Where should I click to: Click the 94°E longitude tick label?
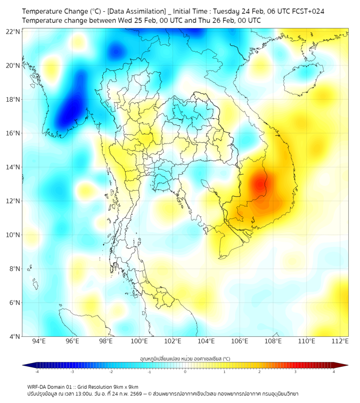pos(38,341)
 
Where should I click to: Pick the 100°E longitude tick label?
pos(139,341)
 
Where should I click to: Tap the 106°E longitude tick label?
pos(240,341)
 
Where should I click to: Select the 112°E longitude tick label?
pos(340,341)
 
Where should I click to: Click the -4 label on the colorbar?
pos(37,372)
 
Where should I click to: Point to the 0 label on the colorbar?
pos(185,372)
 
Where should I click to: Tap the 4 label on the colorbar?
pos(333,372)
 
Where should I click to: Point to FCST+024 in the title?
pos(305,11)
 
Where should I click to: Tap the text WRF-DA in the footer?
pos(38,386)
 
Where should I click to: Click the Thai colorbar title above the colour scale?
pos(185,358)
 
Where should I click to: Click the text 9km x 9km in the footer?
pos(126,386)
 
